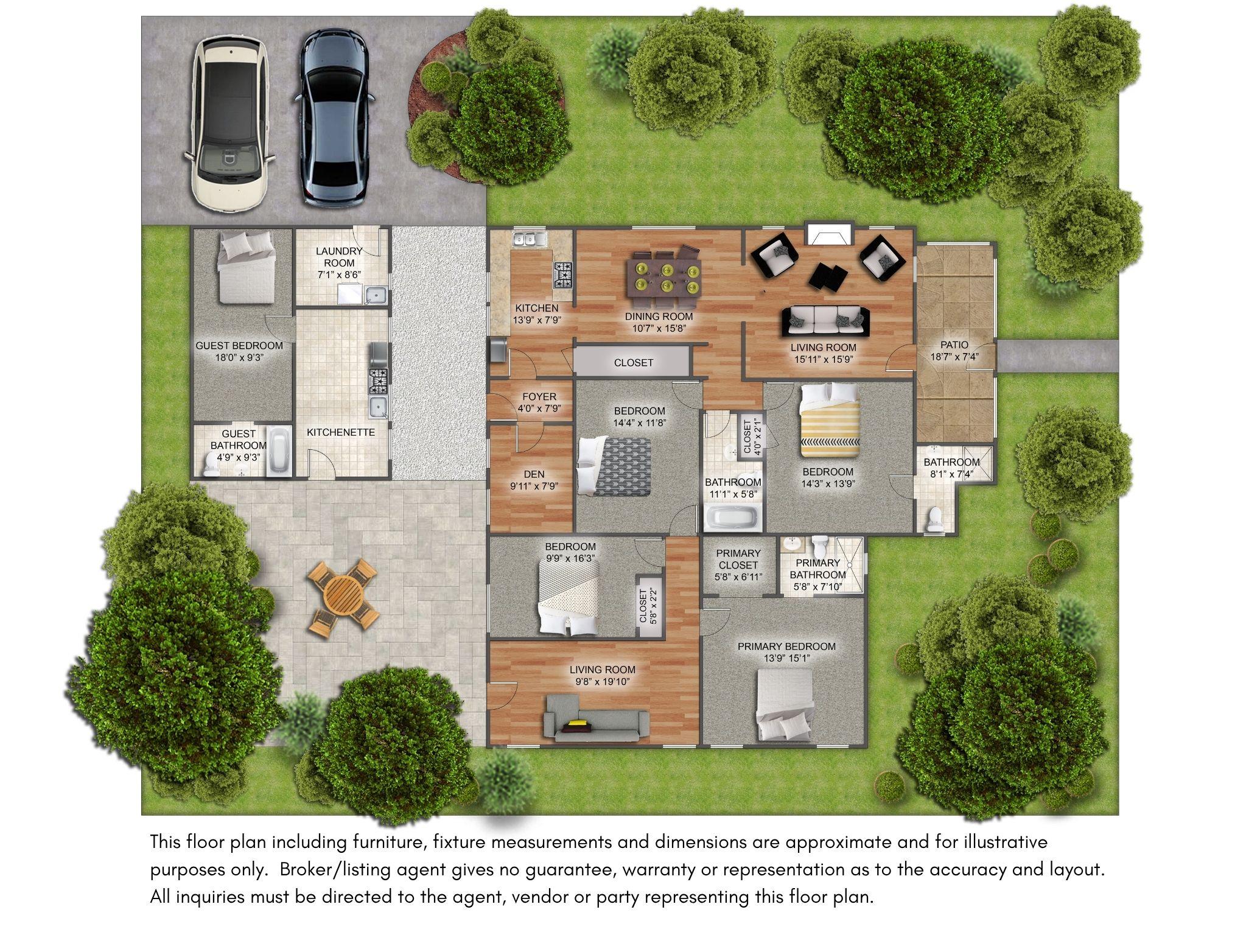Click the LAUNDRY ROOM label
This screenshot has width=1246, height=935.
point(339,257)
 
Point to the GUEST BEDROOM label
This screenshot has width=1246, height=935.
point(239,346)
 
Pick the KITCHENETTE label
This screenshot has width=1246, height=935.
point(341,432)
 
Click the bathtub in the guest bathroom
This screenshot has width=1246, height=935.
point(281,452)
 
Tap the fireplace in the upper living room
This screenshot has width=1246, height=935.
point(830,234)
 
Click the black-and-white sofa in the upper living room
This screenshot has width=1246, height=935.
point(826,321)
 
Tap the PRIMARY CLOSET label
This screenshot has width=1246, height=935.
point(738,559)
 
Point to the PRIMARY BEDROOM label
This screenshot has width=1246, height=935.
point(786,646)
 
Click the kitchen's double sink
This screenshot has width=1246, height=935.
point(528,239)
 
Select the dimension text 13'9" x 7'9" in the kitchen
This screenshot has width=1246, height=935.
point(535,320)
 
